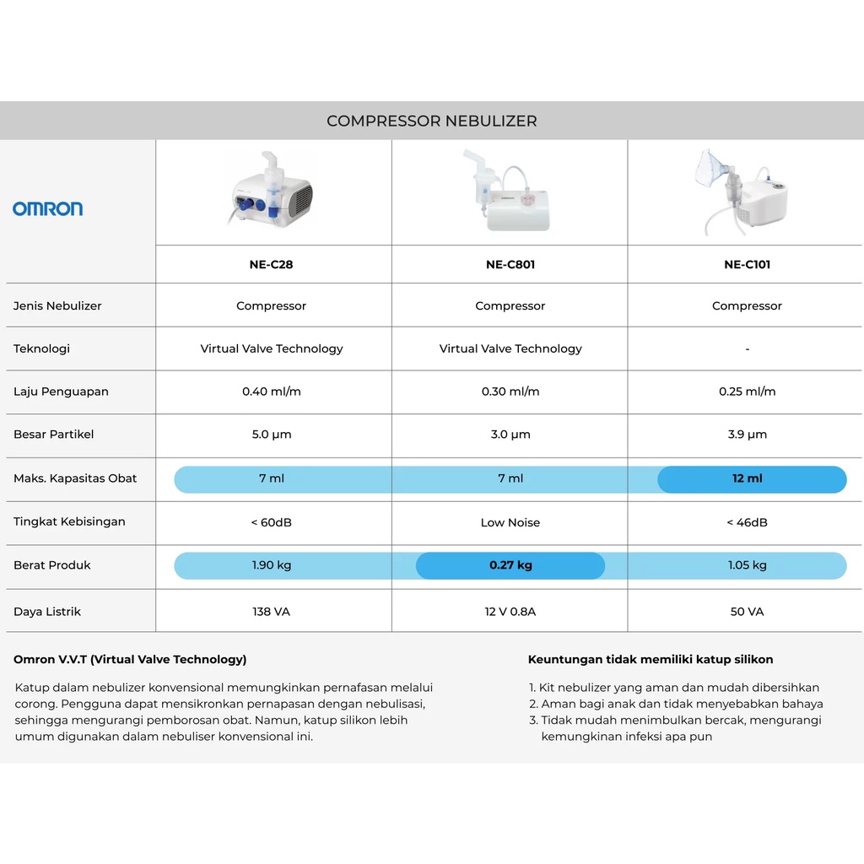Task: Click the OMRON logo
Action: click(x=47, y=208)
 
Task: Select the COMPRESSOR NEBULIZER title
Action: click(x=431, y=121)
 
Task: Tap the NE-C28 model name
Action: click(x=271, y=264)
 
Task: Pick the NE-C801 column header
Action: click(x=510, y=264)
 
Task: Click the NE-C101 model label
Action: click(x=747, y=264)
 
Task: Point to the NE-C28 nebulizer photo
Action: click(x=272, y=191)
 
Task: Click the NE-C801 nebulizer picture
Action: click(x=509, y=192)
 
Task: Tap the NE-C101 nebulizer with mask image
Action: click(x=742, y=192)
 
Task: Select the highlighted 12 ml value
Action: click(x=747, y=478)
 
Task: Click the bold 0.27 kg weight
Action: click(x=510, y=565)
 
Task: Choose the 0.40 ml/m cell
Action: click(x=271, y=391)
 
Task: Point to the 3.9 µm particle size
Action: click(x=747, y=435)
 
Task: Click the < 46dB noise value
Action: click(x=747, y=522)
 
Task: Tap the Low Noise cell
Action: click(x=510, y=522)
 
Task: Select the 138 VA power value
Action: click(x=271, y=612)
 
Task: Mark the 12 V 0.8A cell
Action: click(x=510, y=612)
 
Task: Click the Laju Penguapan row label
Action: click(x=61, y=391)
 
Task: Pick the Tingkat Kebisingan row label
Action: click(x=69, y=521)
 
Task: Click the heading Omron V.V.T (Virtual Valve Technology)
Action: click(x=130, y=660)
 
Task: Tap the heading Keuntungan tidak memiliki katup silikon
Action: click(x=650, y=660)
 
